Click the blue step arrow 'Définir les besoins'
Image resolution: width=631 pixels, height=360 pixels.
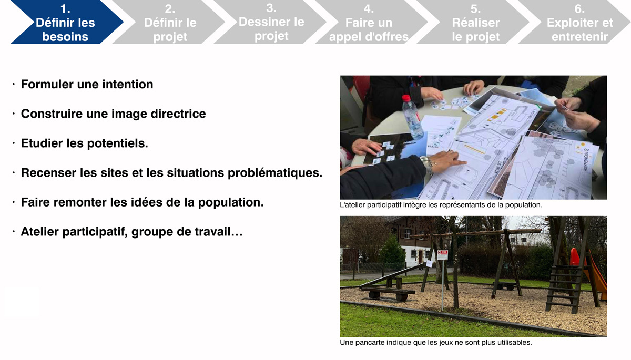pos(66,22)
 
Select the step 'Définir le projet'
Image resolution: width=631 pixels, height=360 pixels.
pos(170,22)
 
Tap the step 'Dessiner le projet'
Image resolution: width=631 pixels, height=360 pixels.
pos(271,22)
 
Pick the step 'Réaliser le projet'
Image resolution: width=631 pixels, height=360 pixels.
pos(475,22)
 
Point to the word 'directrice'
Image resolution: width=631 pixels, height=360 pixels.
pos(178,114)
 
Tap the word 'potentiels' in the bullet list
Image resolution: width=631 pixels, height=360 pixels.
pos(117,143)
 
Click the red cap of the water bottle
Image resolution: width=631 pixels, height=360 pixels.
pos(406,98)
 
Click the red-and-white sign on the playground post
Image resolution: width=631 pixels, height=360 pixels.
pos(443,255)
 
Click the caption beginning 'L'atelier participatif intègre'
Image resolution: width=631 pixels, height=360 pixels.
pos(441,204)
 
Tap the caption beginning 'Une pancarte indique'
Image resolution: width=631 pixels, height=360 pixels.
pos(436,342)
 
